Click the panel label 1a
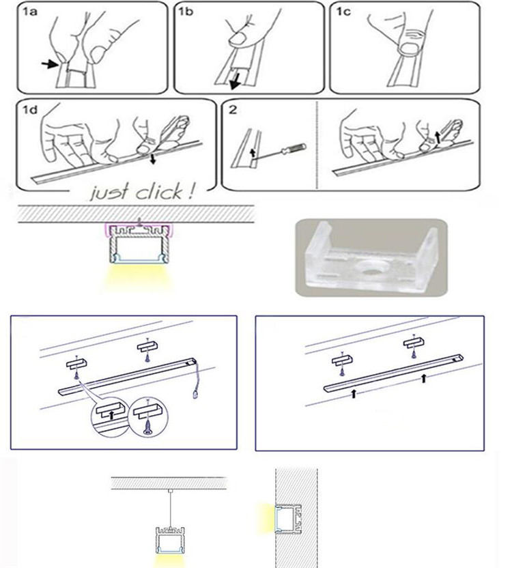click(30, 12)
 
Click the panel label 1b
click(186, 12)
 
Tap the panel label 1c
click(343, 12)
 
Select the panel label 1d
click(30, 110)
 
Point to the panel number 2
click(233, 110)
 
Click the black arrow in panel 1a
click(50, 64)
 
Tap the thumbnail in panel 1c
click(410, 48)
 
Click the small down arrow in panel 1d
click(153, 158)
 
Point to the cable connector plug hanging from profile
click(195, 395)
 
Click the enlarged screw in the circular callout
click(148, 427)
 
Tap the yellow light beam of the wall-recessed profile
click(267, 517)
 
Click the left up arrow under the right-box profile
click(354, 393)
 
